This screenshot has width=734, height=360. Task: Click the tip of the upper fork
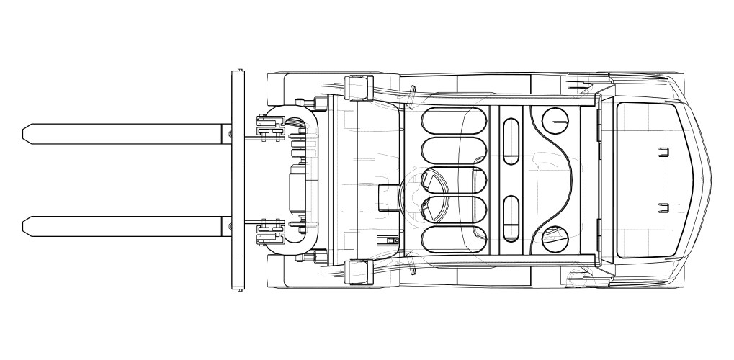coord(26,132)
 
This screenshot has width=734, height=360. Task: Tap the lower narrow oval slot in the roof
coord(510,217)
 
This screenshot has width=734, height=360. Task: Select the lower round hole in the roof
coord(555,238)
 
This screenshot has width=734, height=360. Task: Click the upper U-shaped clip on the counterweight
coord(664,151)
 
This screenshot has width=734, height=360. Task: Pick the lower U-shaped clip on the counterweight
coord(664,208)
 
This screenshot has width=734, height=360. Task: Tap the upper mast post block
coord(357,87)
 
